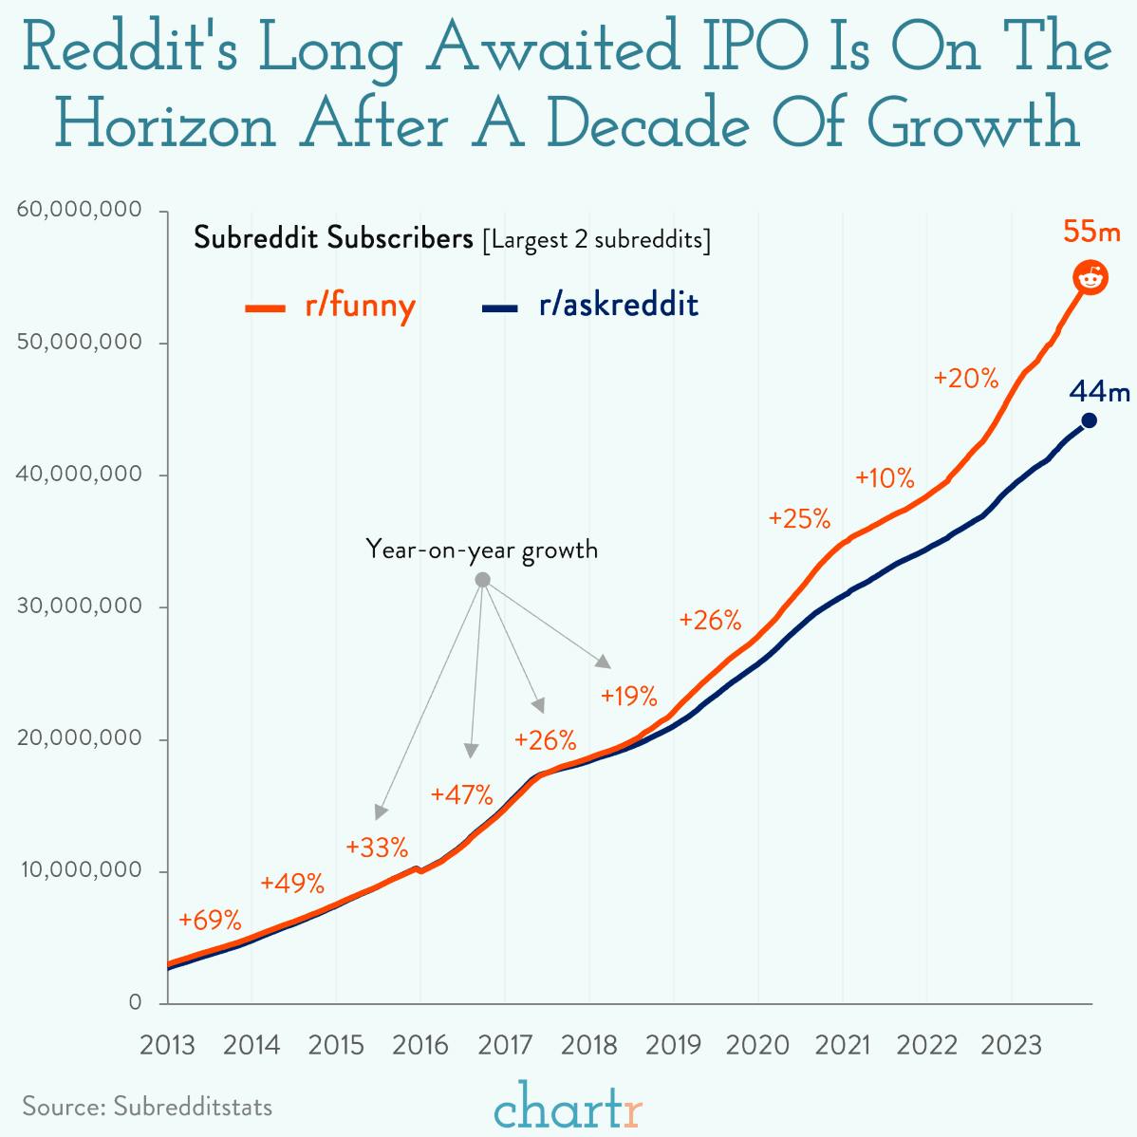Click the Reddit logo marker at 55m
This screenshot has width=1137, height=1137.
click(1090, 277)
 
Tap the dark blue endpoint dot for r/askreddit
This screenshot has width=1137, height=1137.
click(1089, 420)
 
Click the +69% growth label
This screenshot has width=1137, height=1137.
click(210, 920)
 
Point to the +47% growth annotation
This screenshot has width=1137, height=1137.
click(461, 793)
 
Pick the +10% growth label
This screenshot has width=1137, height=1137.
click(885, 477)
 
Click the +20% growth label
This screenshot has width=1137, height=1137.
click(966, 379)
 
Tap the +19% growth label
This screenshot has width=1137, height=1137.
click(628, 697)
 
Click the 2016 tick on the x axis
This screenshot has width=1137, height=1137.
click(420, 1045)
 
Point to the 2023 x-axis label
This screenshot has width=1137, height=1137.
click(1012, 1045)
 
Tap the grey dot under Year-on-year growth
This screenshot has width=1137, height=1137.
click(482, 580)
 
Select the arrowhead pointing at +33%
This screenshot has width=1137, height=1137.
click(381, 811)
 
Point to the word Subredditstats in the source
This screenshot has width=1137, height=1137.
click(193, 1107)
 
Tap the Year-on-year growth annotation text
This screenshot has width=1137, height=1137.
click(482, 549)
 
